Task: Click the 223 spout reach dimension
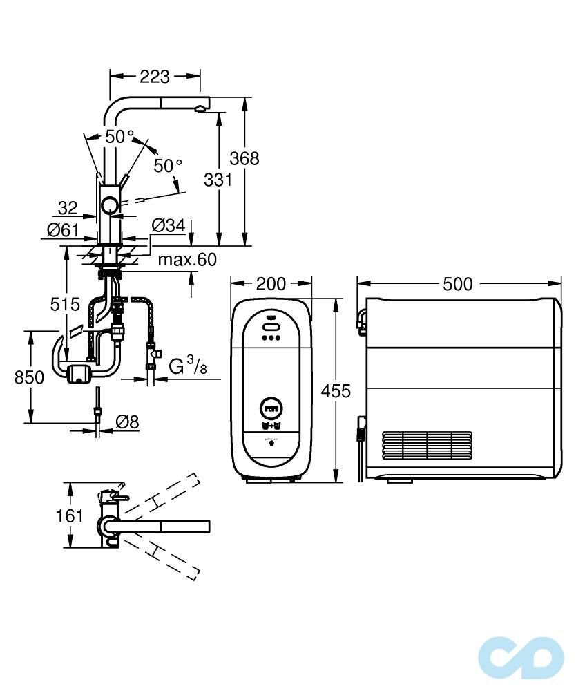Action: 155,77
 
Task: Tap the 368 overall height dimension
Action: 244,158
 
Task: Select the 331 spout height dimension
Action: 218,180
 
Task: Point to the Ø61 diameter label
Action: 63,229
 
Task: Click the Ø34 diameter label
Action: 167,225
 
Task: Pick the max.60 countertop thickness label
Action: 186,260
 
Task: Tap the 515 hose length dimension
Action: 65,303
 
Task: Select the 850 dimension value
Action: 29,377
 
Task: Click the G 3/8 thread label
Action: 187,366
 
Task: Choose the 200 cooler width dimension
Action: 271,284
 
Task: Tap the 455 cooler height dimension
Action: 336,391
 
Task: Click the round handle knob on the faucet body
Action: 109,205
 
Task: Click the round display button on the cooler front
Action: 271,408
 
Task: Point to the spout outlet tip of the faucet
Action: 199,107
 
